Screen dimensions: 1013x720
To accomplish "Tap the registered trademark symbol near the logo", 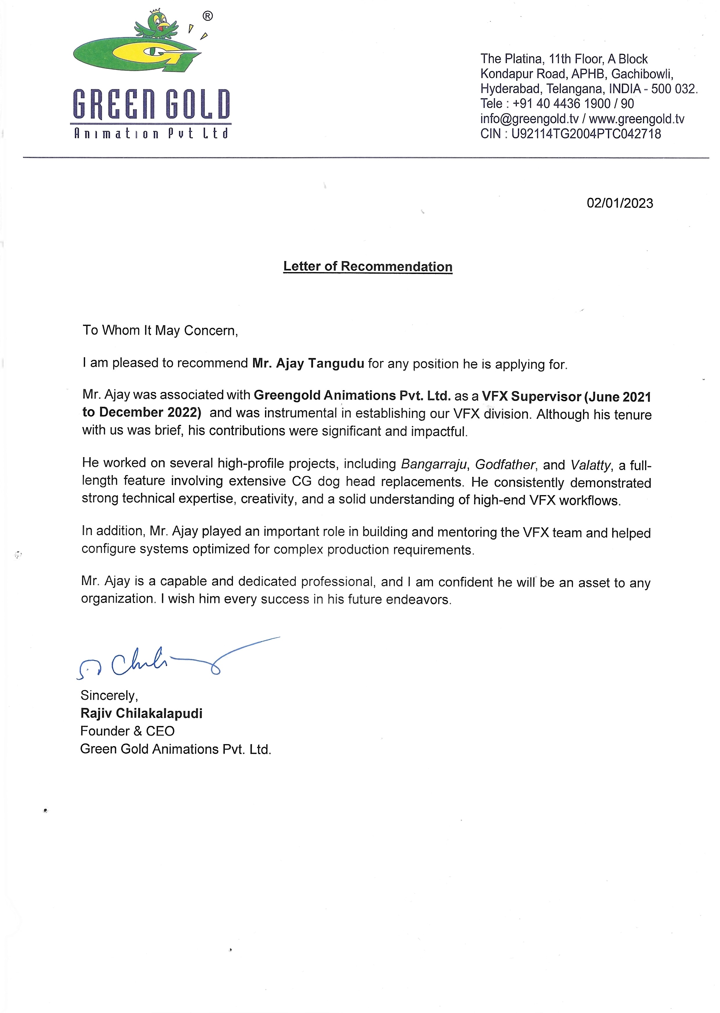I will click(208, 17).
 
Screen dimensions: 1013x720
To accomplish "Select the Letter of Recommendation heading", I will click(368, 267).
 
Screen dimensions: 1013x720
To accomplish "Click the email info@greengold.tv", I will click(529, 119).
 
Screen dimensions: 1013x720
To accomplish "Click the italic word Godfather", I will click(505, 465).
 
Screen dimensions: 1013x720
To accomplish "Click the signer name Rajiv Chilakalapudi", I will click(141, 713).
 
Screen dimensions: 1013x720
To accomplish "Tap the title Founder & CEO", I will click(127, 731).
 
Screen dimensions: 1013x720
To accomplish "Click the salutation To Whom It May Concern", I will click(160, 331).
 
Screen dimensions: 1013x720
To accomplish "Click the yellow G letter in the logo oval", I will click(151, 53).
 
